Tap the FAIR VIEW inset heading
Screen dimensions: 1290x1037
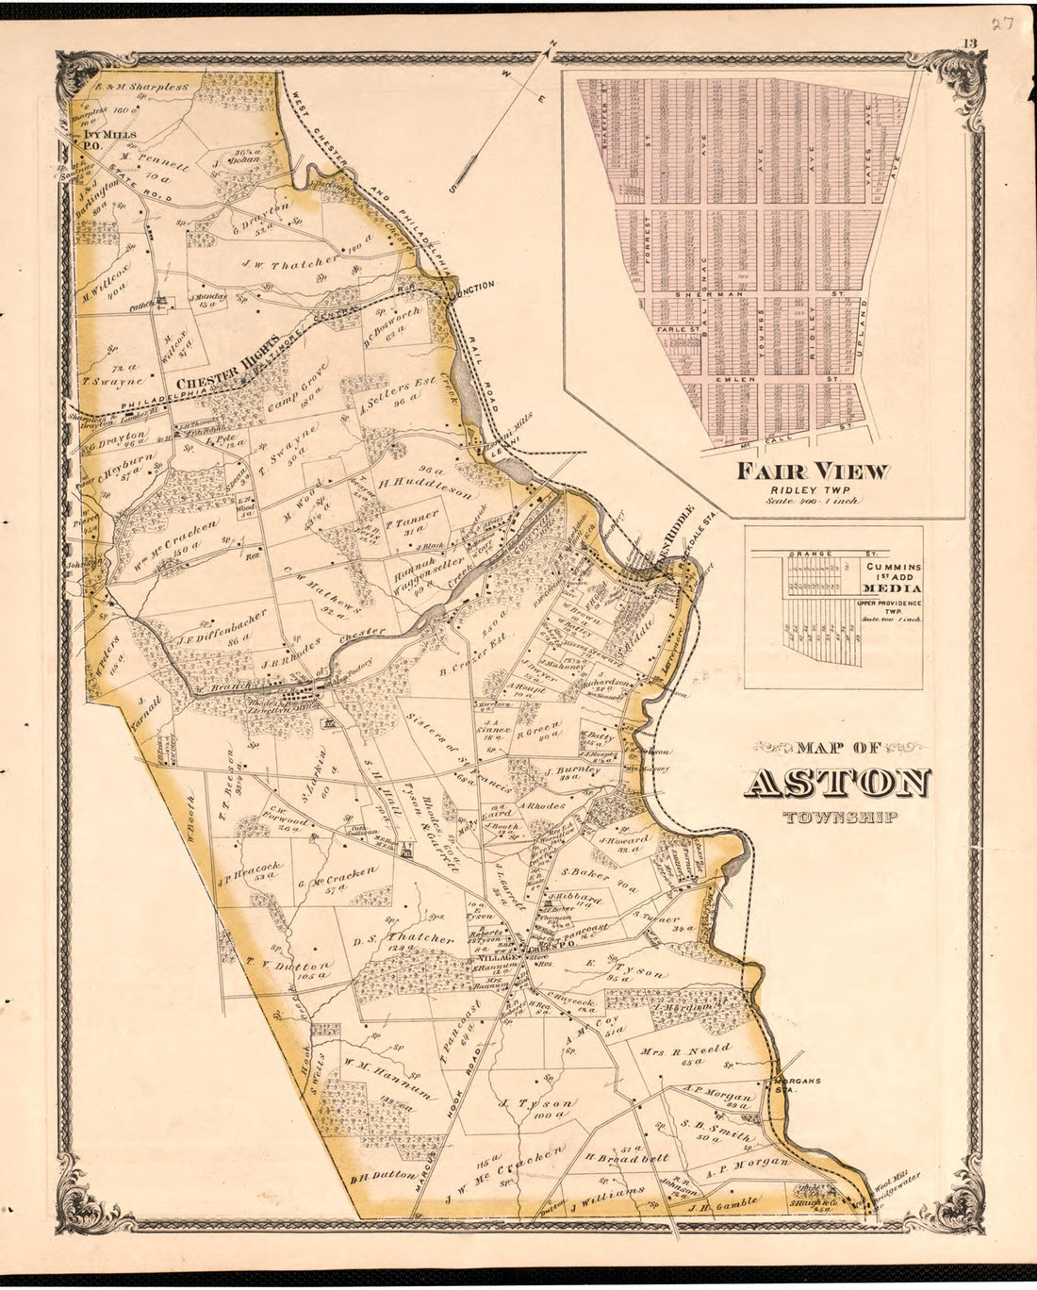tap(813, 471)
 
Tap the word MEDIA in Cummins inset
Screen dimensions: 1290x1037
tap(892, 589)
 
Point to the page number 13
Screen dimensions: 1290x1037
tap(969, 41)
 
